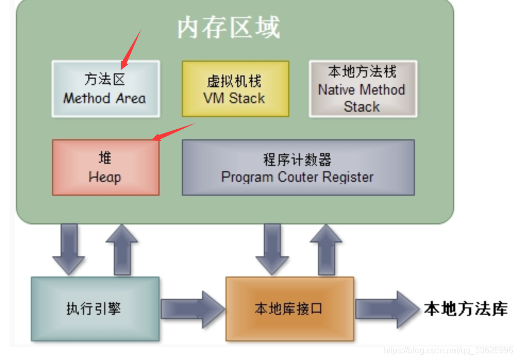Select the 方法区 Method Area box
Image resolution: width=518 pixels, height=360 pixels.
[105, 89]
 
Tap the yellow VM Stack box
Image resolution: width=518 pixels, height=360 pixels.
[235, 89]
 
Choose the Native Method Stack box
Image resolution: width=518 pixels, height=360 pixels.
[363, 89]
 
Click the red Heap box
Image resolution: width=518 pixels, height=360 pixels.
[105, 168]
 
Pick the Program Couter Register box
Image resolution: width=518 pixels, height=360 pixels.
[298, 168]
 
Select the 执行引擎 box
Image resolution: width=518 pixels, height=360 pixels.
[95, 309]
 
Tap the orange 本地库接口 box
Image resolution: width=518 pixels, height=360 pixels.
[289, 309]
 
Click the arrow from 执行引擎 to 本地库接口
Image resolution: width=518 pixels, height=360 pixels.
[192, 309]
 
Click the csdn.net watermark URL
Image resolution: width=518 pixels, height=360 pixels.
[448, 350]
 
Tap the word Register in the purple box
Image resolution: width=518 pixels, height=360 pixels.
[348, 177]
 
